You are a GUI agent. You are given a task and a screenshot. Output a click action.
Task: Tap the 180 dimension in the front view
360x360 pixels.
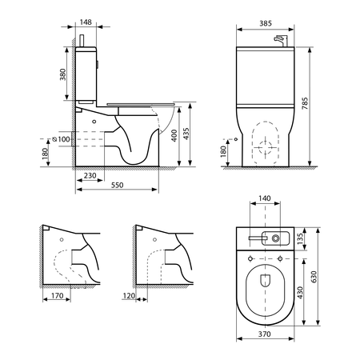pos(223,150)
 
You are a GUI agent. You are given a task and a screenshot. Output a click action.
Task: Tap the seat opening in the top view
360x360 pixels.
pos(264,285)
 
